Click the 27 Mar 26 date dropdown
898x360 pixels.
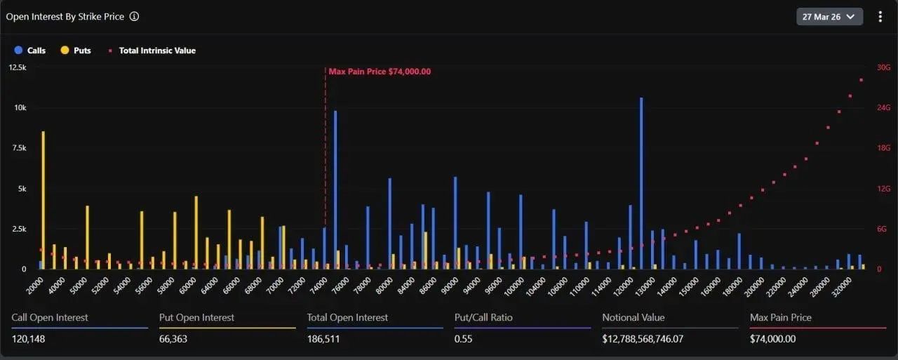click(829, 17)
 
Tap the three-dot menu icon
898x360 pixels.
click(880, 17)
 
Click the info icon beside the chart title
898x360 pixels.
click(135, 16)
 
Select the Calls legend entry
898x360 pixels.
click(30, 51)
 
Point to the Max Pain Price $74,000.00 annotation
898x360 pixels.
click(380, 72)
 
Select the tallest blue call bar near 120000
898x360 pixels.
click(641, 182)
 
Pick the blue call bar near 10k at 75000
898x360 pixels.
click(335, 189)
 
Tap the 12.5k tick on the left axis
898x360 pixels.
click(18, 67)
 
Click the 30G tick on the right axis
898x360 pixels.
click(883, 67)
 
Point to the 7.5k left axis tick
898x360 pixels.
click(18, 148)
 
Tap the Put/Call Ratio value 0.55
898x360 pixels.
click(462, 340)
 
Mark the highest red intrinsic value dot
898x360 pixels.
click(861, 80)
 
